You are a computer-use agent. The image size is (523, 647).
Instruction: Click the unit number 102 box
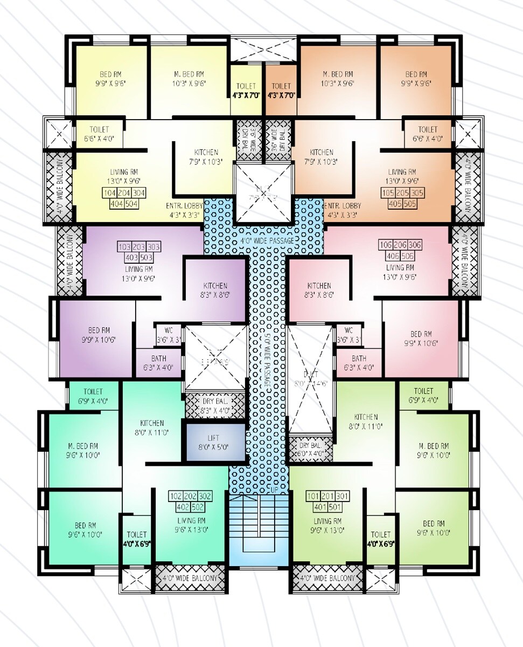click(177, 496)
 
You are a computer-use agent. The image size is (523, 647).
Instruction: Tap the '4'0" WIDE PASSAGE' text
click(267, 240)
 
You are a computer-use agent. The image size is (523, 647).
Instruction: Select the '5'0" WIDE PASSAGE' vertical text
click(267, 361)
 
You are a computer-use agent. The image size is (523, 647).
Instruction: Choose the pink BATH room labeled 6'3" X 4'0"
click(359, 362)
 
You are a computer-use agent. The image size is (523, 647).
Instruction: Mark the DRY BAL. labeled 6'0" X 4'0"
click(310, 449)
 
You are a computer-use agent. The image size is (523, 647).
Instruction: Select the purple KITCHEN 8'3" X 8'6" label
click(215, 290)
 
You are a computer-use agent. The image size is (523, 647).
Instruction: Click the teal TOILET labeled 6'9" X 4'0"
click(94, 395)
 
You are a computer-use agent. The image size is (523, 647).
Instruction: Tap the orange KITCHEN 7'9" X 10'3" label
click(322, 156)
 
